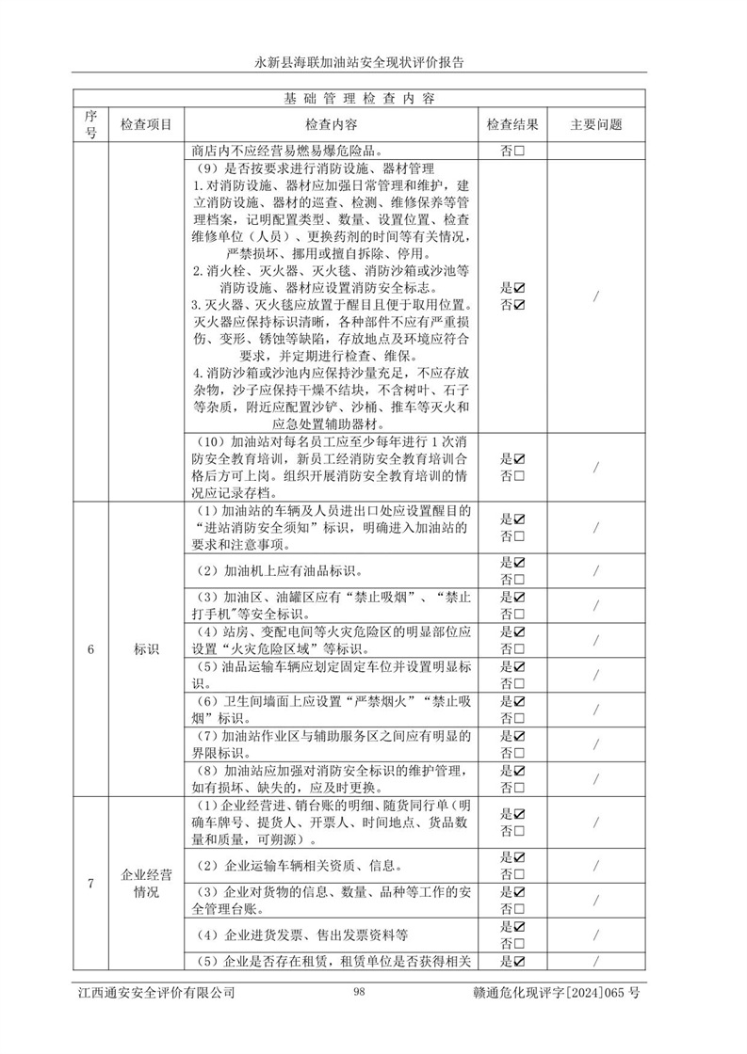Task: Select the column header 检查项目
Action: pyautogui.click(x=146, y=124)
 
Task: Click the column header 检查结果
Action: pyautogui.click(x=512, y=124)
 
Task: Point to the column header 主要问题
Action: pyautogui.click(x=596, y=124)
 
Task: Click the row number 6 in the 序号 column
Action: pyautogui.click(x=90, y=649)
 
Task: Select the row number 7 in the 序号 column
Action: pyautogui.click(x=90, y=883)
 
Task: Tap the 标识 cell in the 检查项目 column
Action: pyautogui.click(x=146, y=649)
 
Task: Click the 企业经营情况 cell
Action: pyautogui.click(x=146, y=883)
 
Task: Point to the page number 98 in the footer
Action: pyautogui.click(x=360, y=993)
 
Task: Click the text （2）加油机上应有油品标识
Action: pyautogui.click(x=280, y=571)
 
